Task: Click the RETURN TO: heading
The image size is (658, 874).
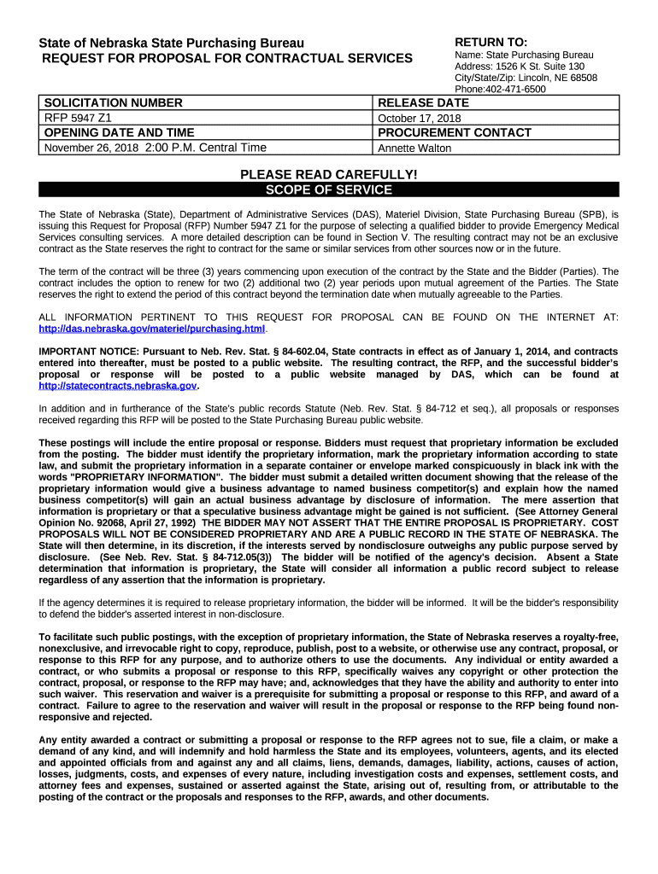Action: point(491,43)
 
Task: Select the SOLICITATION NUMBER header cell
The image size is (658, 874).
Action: point(113,103)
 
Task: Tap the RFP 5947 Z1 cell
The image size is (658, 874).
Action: point(78,118)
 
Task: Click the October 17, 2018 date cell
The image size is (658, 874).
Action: point(419,119)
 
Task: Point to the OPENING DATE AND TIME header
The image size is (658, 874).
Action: point(119,132)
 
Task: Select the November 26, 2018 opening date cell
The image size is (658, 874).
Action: point(155,148)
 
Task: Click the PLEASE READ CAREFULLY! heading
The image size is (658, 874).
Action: point(329,175)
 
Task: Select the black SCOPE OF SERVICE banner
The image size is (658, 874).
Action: point(329,189)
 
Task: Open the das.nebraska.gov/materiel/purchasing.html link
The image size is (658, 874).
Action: point(152,329)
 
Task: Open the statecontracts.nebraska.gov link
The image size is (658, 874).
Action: point(119,385)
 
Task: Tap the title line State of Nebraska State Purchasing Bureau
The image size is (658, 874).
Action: point(167,44)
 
